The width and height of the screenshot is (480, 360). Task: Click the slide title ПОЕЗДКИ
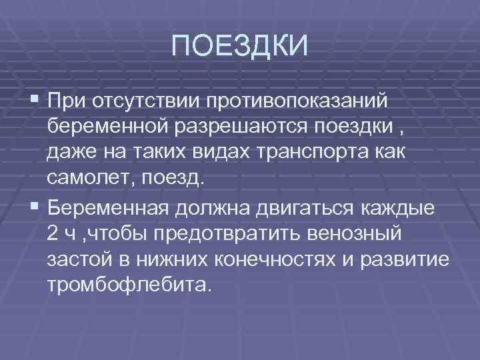click(x=240, y=46)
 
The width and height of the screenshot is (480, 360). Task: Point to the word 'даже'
click(x=70, y=153)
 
